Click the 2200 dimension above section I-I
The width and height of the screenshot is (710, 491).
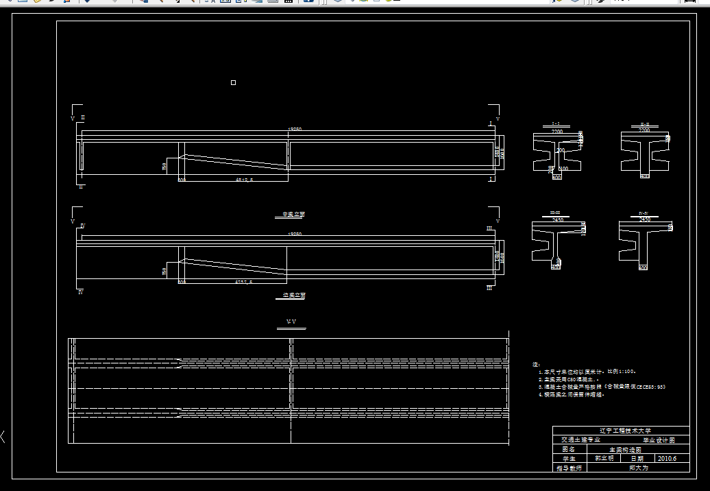click(x=556, y=131)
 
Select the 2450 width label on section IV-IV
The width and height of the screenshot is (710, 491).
click(x=644, y=220)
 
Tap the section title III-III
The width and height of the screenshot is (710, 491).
click(x=556, y=213)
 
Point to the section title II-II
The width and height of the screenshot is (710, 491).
click(x=644, y=124)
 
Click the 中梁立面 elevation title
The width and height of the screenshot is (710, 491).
click(x=294, y=215)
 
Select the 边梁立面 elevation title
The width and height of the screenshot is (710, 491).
click(x=294, y=296)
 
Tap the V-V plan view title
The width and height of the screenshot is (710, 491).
click(x=291, y=322)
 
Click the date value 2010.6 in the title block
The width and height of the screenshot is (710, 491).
click(x=666, y=459)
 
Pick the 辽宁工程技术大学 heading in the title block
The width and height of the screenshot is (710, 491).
click(x=621, y=431)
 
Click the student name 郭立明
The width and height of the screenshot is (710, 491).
click(x=604, y=459)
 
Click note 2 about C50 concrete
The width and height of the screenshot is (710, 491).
click(x=569, y=379)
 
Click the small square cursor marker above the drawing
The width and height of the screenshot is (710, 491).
click(x=233, y=83)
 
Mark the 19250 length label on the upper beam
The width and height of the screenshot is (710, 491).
click(x=295, y=129)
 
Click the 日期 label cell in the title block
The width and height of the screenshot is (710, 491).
click(x=637, y=459)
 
